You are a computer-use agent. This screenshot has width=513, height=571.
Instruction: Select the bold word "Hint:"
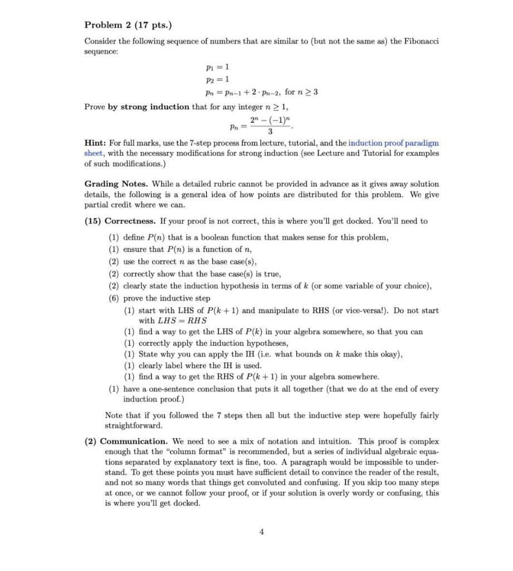pos(96,143)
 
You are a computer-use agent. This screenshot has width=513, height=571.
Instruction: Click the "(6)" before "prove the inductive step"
pos(114,298)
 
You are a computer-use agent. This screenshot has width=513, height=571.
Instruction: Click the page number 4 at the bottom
pos(262,531)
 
